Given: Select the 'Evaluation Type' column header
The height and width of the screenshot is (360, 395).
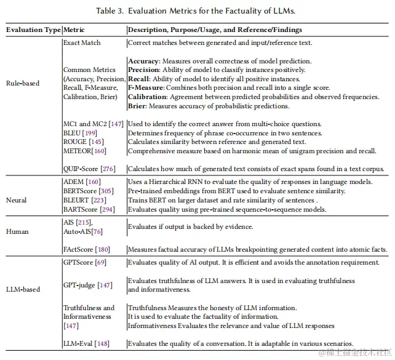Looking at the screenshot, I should pos(33,30).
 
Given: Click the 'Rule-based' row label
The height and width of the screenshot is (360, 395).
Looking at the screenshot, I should pos(23,83).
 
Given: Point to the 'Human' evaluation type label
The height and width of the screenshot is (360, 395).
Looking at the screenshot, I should pos(17,231).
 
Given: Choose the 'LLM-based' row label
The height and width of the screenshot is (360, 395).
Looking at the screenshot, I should pos(23,289).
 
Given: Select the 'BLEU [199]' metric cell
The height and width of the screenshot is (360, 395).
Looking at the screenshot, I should pos(84,133).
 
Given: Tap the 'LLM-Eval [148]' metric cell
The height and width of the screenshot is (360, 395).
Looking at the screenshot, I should pos(87,343).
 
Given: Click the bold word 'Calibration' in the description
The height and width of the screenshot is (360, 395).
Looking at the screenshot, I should pos(148,97).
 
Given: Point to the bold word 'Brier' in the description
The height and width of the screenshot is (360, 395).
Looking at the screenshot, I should pos(138,106).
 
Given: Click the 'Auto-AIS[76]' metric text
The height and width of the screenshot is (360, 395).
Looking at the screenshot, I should pos(82,231).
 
